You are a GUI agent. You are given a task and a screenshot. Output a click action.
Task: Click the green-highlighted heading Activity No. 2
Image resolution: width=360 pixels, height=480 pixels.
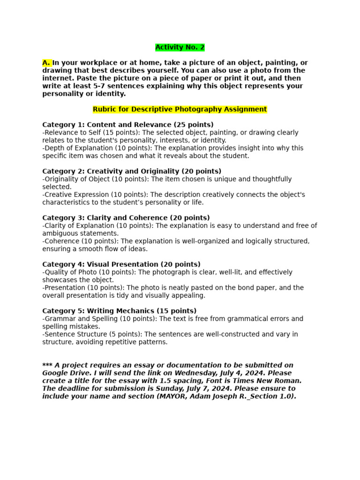pyautogui.click(x=180, y=47)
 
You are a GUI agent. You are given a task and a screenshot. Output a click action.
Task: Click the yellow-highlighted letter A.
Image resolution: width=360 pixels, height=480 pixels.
pyautogui.click(x=46, y=63)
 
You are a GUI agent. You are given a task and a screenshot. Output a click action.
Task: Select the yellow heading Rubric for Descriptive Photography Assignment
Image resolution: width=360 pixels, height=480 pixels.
pyautogui.click(x=180, y=109)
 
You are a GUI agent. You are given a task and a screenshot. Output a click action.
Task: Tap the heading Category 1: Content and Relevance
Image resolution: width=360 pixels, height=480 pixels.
pyautogui.click(x=127, y=125)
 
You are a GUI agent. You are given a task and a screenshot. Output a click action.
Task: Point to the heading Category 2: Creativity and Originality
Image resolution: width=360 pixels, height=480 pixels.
pyautogui.click(x=132, y=171)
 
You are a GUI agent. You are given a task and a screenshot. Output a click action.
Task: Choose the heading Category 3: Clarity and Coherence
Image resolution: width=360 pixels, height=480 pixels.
pyautogui.click(x=126, y=217)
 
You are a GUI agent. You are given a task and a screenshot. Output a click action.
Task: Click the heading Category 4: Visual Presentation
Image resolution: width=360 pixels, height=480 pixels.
pyautogui.click(x=121, y=264)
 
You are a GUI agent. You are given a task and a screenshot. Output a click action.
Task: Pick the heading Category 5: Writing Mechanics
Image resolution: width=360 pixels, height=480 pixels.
pyautogui.click(x=119, y=311)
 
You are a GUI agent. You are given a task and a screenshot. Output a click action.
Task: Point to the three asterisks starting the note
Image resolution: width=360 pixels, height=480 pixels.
pyautogui.click(x=47, y=366)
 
